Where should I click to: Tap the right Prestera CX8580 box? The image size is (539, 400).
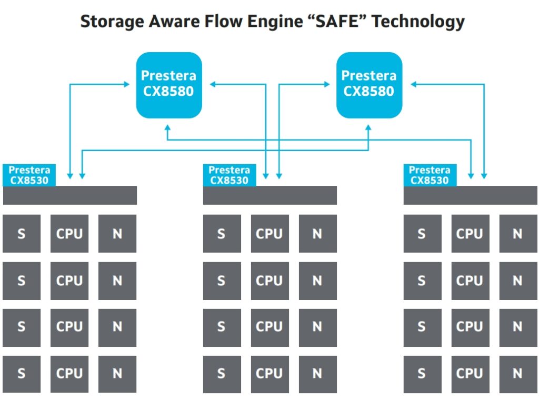click(x=369, y=84)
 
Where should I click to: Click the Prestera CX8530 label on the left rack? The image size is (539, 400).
click(x=29, y=175)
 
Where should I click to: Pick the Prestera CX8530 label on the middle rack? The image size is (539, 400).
click(x=229, y=175)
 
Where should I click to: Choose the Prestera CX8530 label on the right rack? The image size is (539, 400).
click(x=430, y=175)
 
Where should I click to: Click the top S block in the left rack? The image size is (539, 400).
click(x=21, y=233)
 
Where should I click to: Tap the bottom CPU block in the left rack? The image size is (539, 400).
click(x=69, y=374)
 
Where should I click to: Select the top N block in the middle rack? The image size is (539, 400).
click(x=317, y=233)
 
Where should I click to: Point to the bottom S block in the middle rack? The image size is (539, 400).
click(x=222, y=374)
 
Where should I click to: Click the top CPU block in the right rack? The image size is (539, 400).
click(x=470, y=233)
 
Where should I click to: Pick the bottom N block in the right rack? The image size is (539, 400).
click(x=518, y=374)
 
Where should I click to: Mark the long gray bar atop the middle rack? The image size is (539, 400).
click(x=269, y=195)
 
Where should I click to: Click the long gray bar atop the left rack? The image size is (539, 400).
click(x=69, y=195)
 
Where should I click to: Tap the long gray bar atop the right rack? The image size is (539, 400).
click(x=470, y=195)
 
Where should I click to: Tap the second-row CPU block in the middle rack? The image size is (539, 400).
click(x=269, y=281)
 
